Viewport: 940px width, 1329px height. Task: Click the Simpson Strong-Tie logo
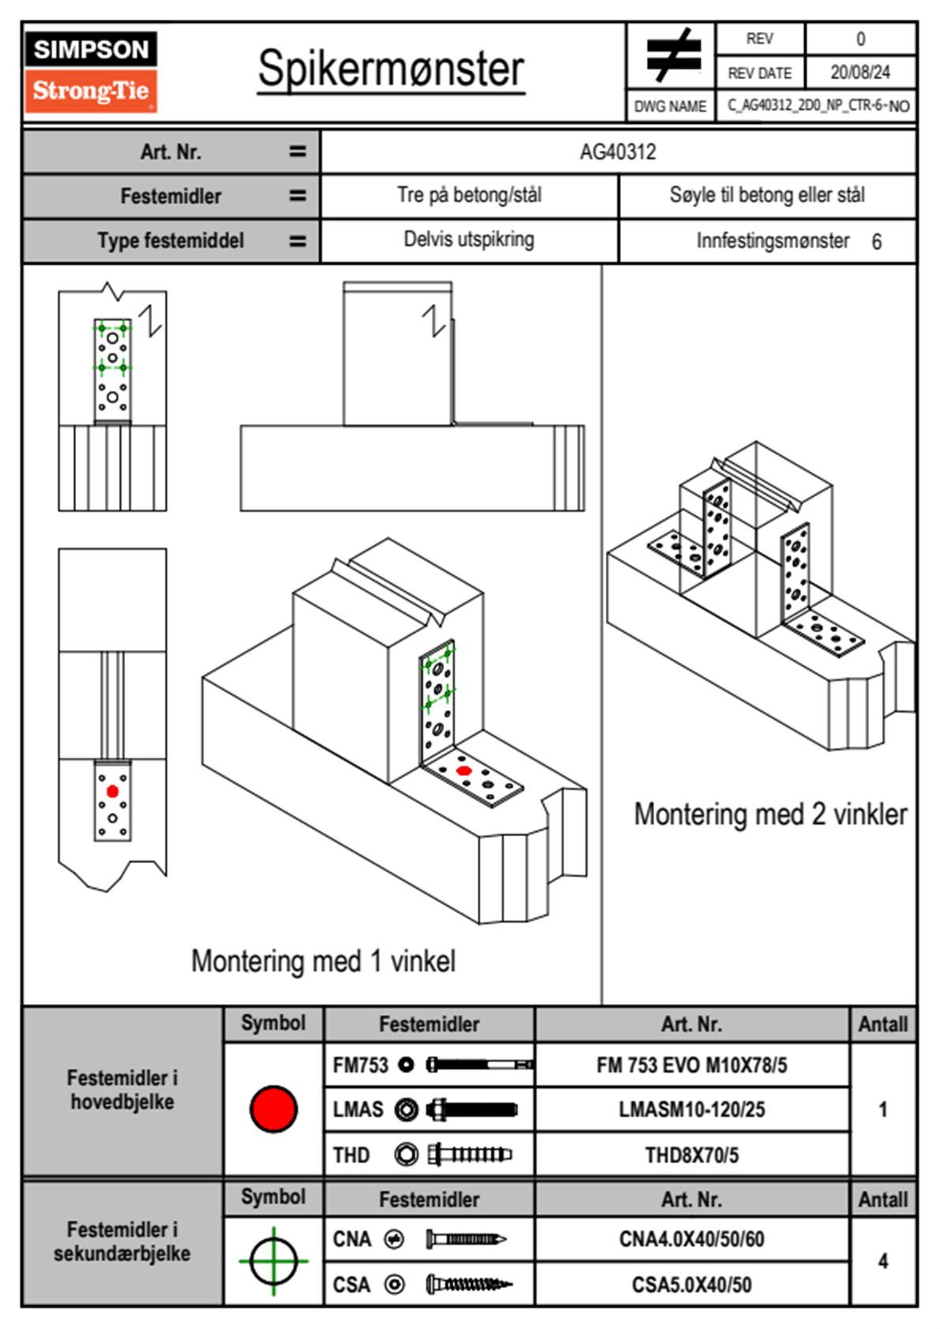click(91, 71)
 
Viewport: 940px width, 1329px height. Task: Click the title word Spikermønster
click(390, 69)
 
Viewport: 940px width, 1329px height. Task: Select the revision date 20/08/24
click(859, 73)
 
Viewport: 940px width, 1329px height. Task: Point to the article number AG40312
click(618, 152)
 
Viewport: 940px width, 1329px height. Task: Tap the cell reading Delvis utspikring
click(468, 239)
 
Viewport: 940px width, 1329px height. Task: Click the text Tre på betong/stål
click(469, 195)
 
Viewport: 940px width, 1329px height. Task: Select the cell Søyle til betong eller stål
click(766, 195)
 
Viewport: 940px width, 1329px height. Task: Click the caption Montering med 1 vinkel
click(323, 961)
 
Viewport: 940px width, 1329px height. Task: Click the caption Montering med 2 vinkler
click(770, 814)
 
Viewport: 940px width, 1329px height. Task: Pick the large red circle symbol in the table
click(273, 1109)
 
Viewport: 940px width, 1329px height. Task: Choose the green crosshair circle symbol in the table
click(273, 1261)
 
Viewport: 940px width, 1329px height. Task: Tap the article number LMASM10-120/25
click(691, 1109)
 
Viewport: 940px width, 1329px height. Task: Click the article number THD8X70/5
click(691, 1155)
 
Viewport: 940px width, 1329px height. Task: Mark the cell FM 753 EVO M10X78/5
click(691, 1065)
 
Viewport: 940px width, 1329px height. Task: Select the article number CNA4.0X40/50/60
click(691, 1239)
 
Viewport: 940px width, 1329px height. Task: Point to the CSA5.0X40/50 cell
click(691, 1285)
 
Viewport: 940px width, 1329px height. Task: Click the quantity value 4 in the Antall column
click(882, 1261)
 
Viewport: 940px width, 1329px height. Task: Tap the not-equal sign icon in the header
click(672, 55)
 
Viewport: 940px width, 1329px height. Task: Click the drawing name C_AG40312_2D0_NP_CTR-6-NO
click(818, 106)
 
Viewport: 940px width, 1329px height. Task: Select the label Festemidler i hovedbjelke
click(122, 1090)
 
